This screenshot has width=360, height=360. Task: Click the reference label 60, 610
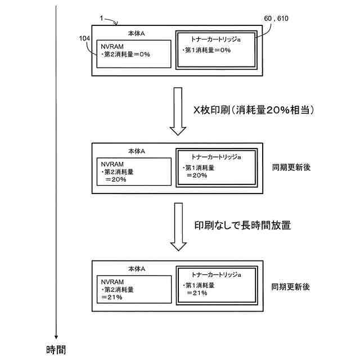point(276,19)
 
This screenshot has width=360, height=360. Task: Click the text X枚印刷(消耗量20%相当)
point(253,110)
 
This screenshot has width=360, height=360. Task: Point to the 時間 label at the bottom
point(56,350)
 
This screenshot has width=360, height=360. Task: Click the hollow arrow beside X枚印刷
point(178,111)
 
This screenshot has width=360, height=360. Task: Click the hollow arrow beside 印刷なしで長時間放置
point(178,227)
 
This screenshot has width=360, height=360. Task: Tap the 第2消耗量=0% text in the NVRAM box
point(125,55)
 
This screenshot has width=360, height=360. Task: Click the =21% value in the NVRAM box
point(113,296)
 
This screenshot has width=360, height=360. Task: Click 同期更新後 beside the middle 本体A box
point(290,168)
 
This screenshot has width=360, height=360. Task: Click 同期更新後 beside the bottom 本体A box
point(290,286)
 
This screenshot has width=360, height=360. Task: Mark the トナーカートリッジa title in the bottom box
point(217,275)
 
